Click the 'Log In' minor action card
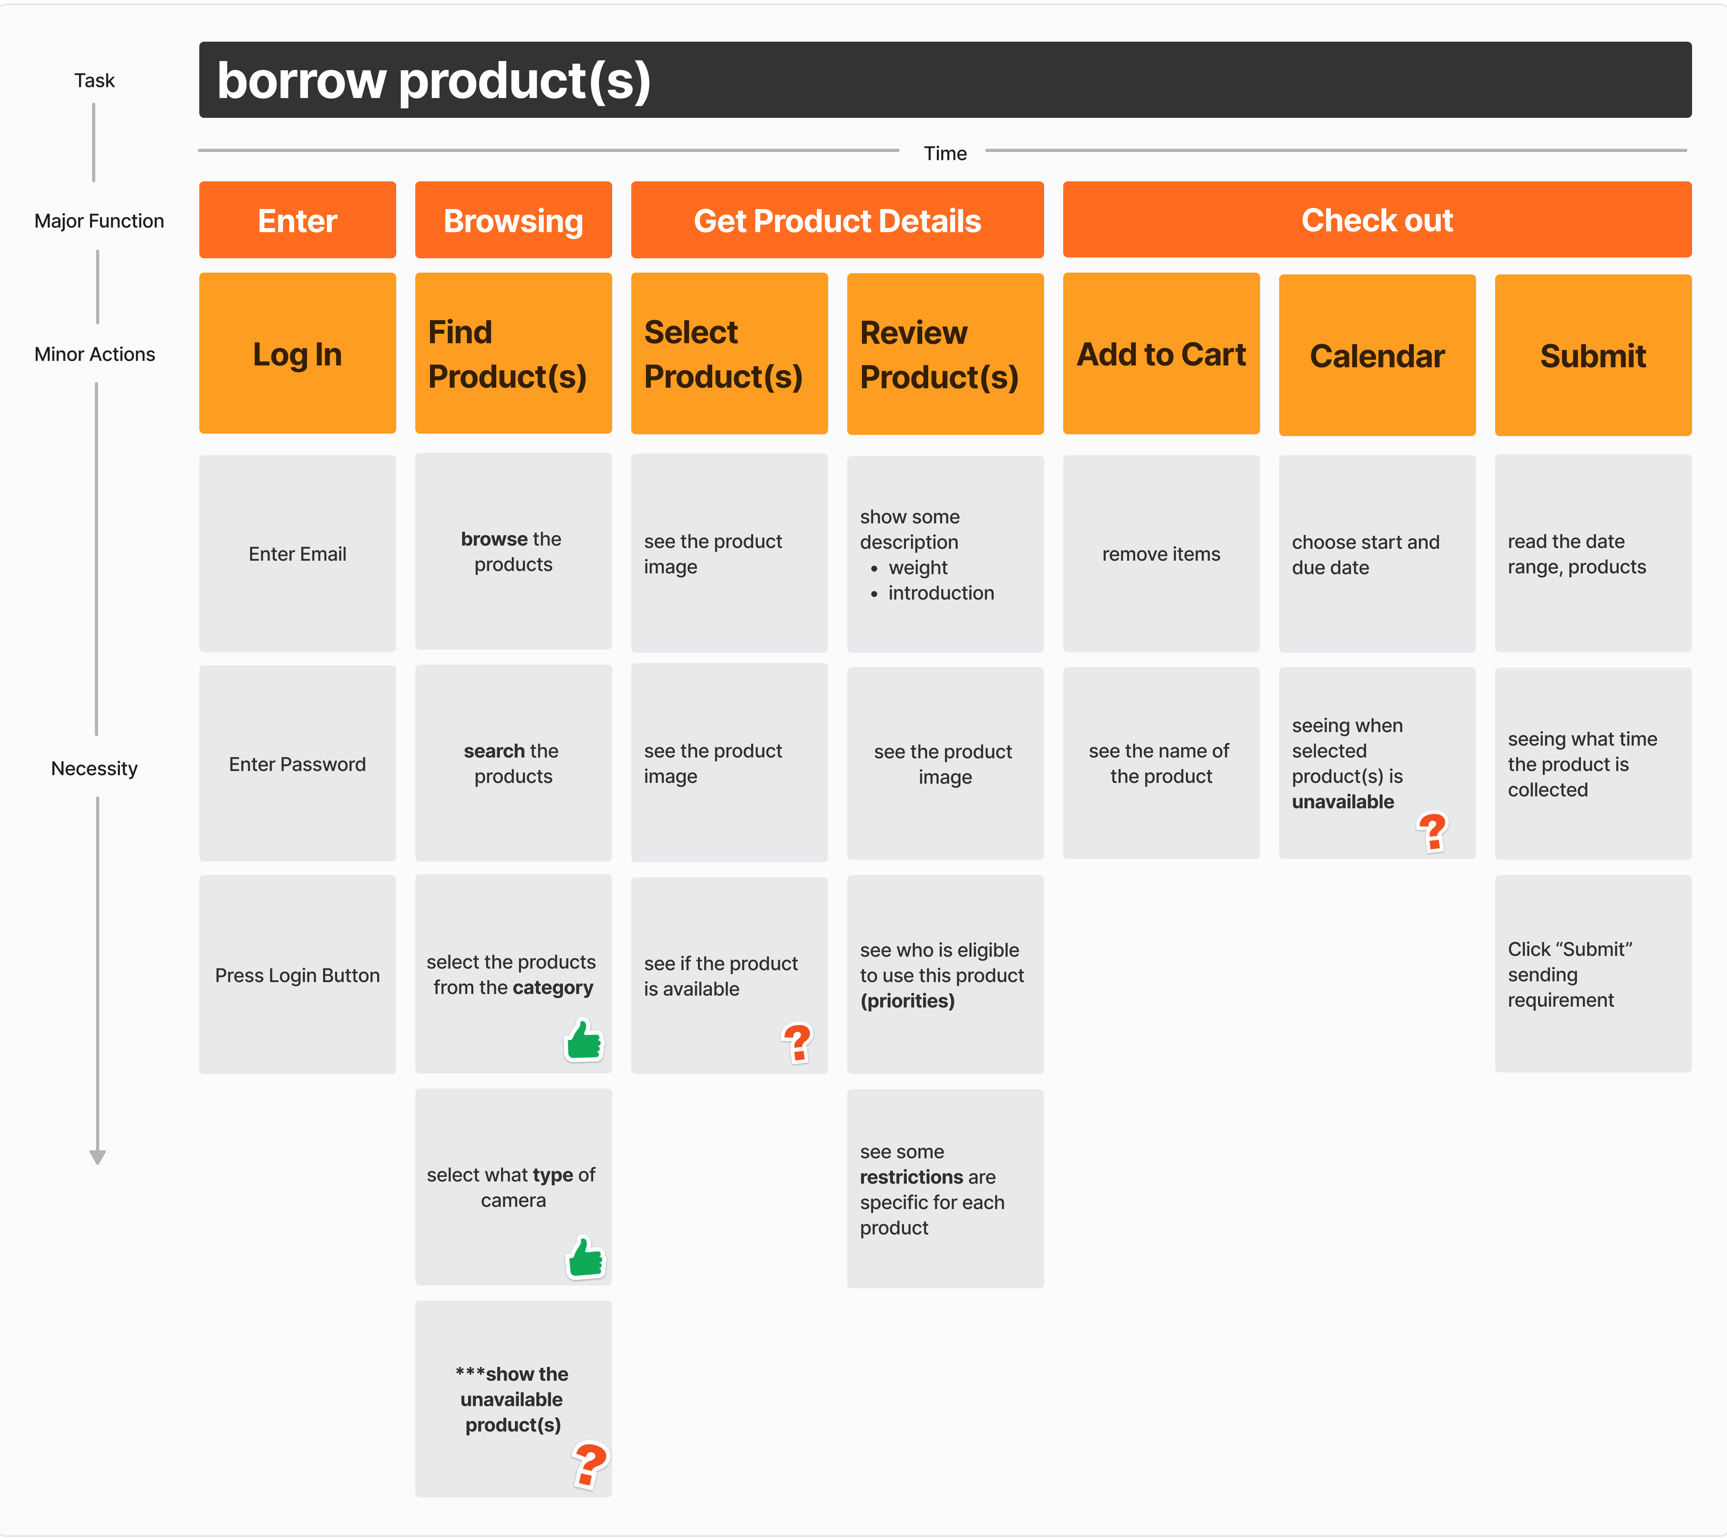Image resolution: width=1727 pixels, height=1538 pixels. coord(297,353)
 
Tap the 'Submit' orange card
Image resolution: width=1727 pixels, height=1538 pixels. coord(1592,355)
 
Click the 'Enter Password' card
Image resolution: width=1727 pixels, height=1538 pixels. coord(297,763)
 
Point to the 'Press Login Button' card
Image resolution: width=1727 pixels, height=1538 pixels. coord(297,975)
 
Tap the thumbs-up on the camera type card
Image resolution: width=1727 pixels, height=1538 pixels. coord(585,1257)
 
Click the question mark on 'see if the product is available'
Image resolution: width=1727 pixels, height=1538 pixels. coord(797,1043)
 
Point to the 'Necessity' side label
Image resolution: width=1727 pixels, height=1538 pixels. coord(94,768)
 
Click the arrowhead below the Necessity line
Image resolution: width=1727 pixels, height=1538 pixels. coord(97,1157)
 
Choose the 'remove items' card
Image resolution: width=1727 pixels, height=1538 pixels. coord(1160,554)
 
